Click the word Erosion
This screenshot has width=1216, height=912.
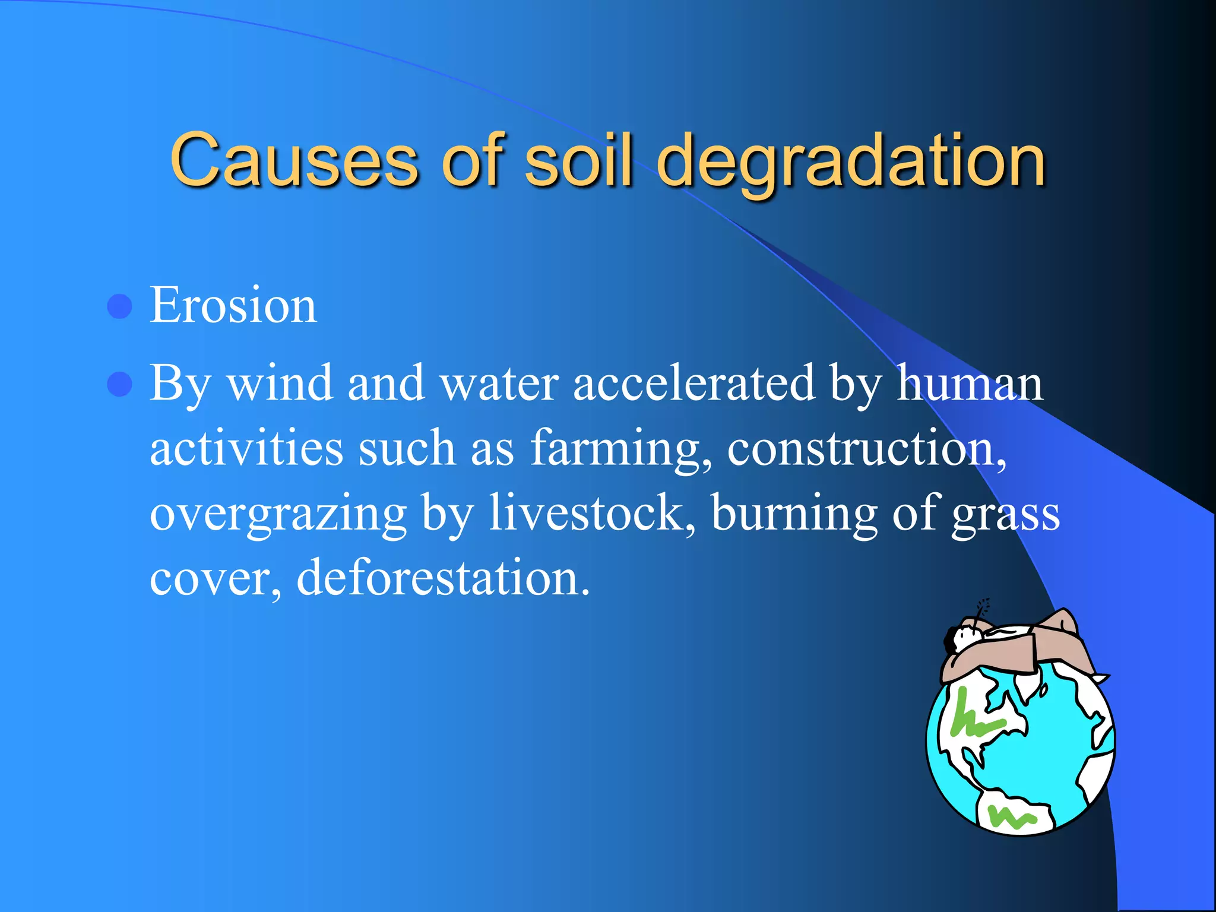tap(233, 305)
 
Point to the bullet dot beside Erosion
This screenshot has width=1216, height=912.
tap(119, 306)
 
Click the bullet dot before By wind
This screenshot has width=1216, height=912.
tap(119, 384)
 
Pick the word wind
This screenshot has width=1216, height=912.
tap(280, 384)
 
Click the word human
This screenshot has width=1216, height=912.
tap(969, 384)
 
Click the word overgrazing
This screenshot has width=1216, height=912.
tap(278, 514)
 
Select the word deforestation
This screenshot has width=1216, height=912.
tap(443, 578)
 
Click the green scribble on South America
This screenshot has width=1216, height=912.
tap(1010, 817)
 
